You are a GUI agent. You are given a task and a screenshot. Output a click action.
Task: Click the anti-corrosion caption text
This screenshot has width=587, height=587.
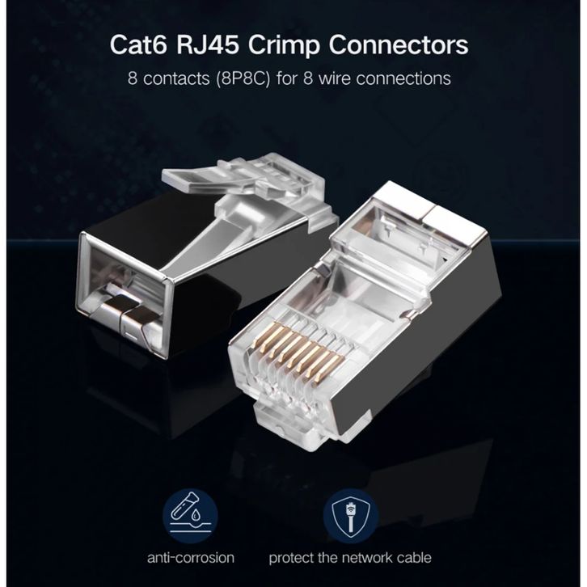click(191, 557)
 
